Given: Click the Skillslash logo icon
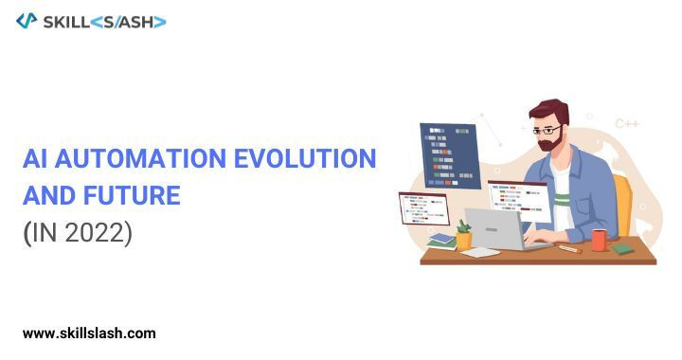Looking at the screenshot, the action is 27,21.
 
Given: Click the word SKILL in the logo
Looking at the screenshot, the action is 66,22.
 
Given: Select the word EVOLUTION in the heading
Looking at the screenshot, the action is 305,158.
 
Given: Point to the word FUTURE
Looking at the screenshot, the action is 132,195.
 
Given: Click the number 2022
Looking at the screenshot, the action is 95,233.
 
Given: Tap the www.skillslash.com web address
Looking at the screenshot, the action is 89,333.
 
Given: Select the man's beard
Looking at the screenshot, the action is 550,140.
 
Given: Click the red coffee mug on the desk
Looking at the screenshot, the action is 600,240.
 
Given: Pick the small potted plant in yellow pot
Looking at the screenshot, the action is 463,235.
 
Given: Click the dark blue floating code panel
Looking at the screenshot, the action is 450,155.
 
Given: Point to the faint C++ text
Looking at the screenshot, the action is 627,124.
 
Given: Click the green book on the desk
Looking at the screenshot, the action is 622,249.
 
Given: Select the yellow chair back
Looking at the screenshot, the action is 623,206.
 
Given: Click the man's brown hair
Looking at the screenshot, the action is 549,111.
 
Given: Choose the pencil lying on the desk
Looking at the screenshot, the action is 570,249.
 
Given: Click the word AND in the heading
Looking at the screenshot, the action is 48,195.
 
